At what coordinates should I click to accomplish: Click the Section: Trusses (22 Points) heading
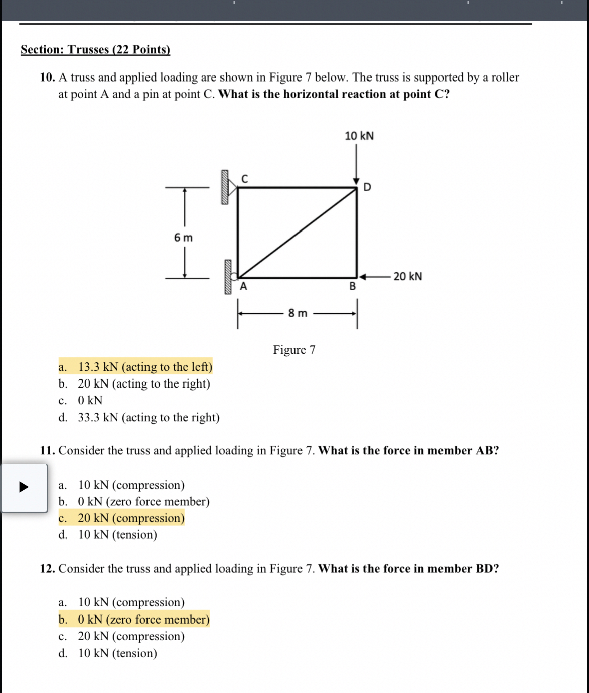(x=95, y=50)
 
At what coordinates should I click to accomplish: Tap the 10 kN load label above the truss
(x=359, y=136)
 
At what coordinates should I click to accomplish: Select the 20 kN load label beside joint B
(x=407, y=276)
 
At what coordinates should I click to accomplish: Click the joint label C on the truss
(x=245, y=179)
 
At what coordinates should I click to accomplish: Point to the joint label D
(x=367, y=187)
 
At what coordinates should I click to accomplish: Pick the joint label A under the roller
(x=244, y=287)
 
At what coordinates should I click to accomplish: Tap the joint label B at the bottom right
(x=352, y=287)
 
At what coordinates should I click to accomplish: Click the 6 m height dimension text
(x=183, y=238)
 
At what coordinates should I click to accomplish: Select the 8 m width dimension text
(x=298, y=313)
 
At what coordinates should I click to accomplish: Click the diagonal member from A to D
(x=297, y=233)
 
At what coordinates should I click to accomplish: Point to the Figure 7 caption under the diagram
(x=294, y=350)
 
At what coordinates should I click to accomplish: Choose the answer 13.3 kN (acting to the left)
(x=145, y=367)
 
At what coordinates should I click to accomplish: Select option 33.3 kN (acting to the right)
(x=149, y=417)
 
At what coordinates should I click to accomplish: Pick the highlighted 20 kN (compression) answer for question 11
(x=131, y=518)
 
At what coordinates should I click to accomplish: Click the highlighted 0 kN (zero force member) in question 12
(x=143, y=619)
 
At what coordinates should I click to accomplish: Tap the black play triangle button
(x=24, y=487)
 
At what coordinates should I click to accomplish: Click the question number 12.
(x=47, y=569)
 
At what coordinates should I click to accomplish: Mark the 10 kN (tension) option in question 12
(x=117, y=653)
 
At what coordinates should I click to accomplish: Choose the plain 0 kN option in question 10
(x=90, y=400)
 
